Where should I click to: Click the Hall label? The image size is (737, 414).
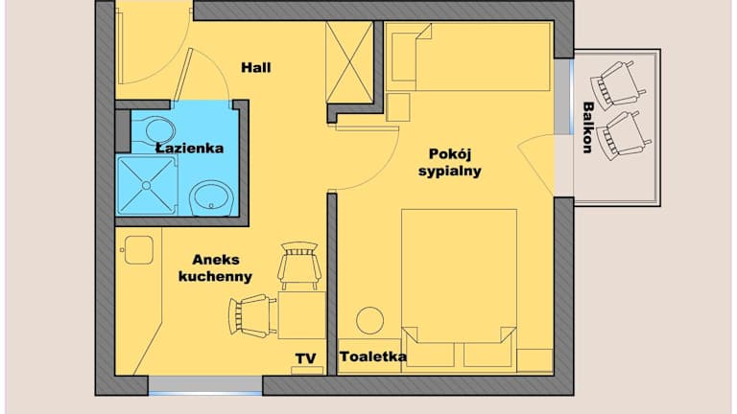[x=255, y=68]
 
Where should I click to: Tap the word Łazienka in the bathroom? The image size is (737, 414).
[x=190, y=149]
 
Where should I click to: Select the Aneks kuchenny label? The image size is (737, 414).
[x=216, y=268]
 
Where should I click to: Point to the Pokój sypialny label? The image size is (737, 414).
[x=450, y=162]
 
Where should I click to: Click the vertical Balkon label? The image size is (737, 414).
[x=587, y=127]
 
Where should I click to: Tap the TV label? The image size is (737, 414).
[x=305, y=358]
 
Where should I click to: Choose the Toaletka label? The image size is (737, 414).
[x=373, y=356]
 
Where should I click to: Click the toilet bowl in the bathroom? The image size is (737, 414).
[x=155, y=129]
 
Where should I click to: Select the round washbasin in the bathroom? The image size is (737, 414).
[x=212, y=198]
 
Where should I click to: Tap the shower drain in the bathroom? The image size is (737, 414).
[x=146, y=186]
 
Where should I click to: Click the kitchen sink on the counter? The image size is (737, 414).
[x=138, y=250]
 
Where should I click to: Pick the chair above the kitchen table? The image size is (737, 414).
[x=299, y=265]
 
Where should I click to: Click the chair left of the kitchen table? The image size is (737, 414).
[x=252, y=316]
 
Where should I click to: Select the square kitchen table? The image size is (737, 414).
[x=301, y=315]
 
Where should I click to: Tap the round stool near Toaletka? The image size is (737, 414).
[x=369, y=321]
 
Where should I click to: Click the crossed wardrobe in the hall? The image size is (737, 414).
[x=349, y=62]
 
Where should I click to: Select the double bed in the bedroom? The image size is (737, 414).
[x=459, y=287]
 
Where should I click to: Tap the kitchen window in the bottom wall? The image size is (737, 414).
[x=205, y=385]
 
